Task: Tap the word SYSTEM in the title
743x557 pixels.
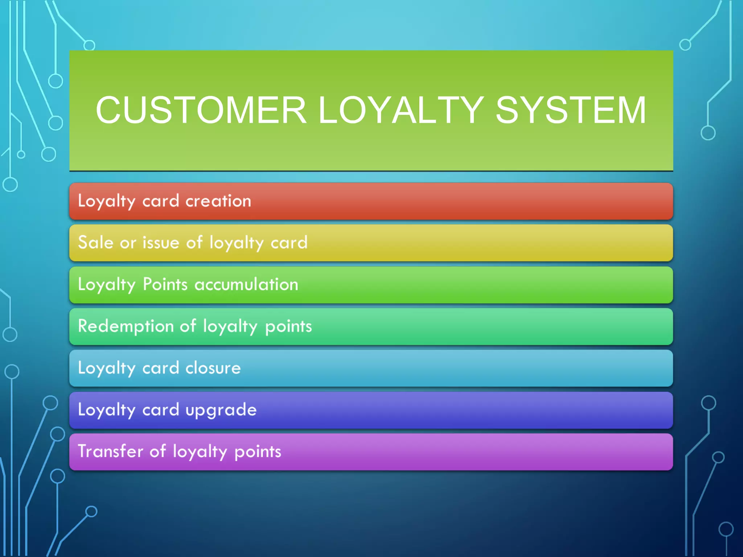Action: point(571,110)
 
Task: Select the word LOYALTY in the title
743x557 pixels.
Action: point(401,110)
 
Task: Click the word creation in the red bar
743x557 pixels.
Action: point(218,201)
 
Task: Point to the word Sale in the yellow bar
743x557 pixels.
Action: point(95,242)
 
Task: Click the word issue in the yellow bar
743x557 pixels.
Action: point(161,242)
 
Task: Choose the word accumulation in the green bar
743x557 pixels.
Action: point(246,284)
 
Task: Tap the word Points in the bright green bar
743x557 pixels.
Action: point(165,284)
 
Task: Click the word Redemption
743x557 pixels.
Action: point(126,326)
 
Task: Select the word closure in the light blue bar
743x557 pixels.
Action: point(213,368)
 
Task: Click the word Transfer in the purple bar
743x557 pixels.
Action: point(110,451)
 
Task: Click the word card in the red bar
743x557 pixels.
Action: point(161,201)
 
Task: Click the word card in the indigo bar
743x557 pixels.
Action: point(161,410)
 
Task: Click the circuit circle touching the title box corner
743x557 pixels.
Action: point(89,46)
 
